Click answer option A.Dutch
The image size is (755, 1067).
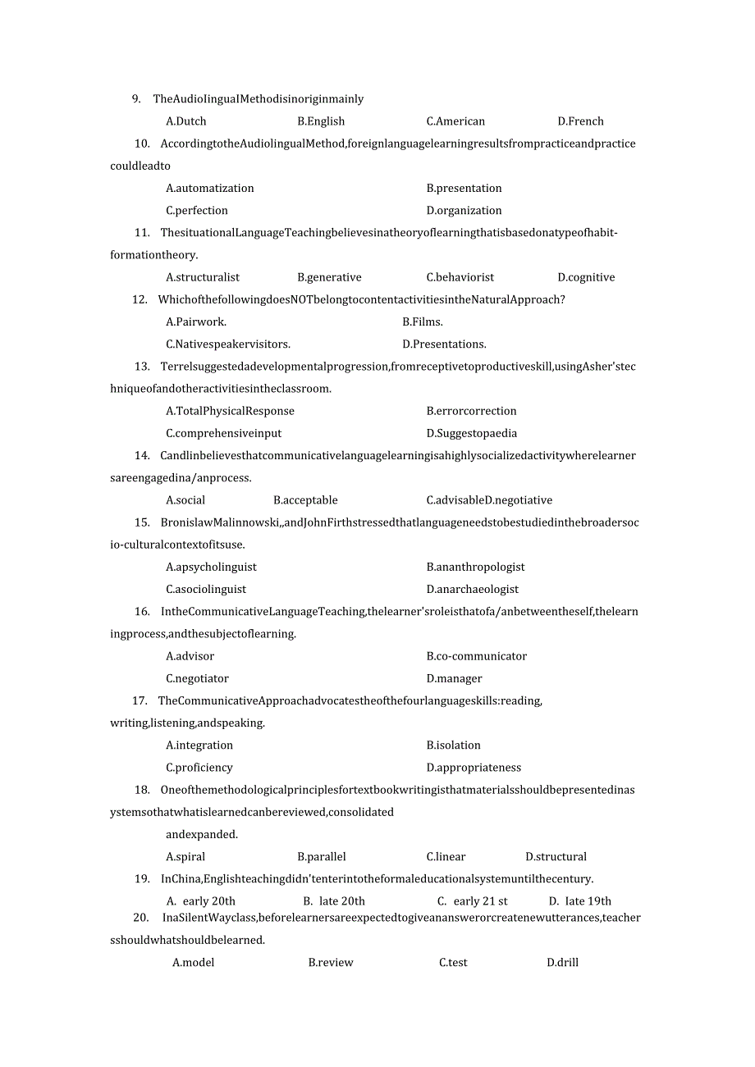186,121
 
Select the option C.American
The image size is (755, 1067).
455,121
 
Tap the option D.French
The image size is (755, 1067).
580,121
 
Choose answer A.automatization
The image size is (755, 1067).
210,188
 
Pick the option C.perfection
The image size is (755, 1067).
197,211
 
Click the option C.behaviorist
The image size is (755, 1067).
460,277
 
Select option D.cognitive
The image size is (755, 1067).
586,277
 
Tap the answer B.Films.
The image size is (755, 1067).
423,322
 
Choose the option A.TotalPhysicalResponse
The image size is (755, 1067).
230,411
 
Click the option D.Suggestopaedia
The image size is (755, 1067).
472,433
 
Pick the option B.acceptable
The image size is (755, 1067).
305,500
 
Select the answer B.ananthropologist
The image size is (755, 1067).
476,567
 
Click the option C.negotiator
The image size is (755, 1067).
197,678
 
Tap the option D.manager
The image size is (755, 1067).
455,678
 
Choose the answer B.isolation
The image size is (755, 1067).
454,746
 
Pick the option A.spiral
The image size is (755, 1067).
185,857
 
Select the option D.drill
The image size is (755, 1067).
563,963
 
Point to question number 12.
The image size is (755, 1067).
140,299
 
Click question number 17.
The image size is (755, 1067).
140,700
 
